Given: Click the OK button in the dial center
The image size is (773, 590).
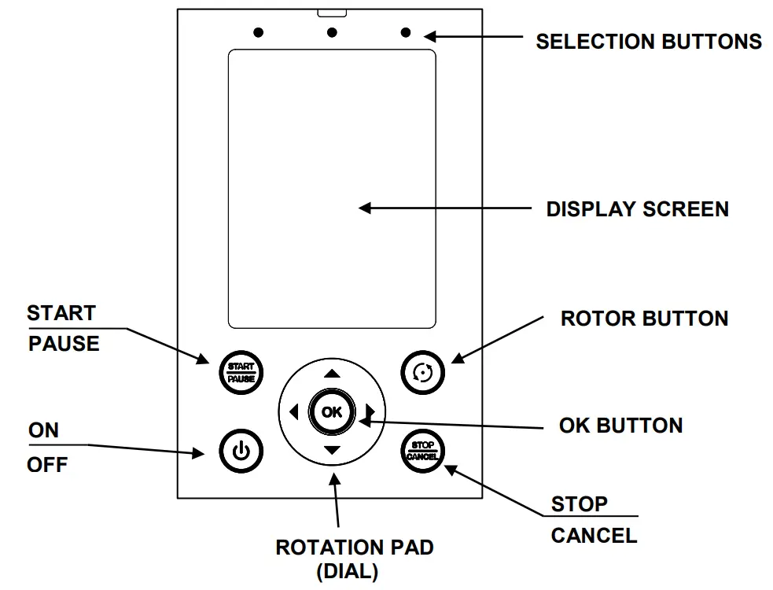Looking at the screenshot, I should click(332, 411).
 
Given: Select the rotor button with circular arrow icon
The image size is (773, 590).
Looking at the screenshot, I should click(422, 371).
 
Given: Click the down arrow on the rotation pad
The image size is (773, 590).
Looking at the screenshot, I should click(332, 450).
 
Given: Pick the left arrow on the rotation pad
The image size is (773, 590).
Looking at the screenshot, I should click(293, 411).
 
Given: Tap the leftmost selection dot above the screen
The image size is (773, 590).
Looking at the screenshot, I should click(258, 33).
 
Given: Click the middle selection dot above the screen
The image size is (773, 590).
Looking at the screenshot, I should click(332, 33).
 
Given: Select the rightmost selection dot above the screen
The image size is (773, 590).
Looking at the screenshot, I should click(406, 33).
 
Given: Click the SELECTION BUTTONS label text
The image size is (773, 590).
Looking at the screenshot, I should click(648, 42).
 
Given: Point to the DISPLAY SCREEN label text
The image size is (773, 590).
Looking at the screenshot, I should click(637, 209).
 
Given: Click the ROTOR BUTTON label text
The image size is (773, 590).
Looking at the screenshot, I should click(644, 319).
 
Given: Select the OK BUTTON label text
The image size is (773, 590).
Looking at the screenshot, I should click(620, 426).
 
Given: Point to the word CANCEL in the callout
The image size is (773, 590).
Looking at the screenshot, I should click(594, 536).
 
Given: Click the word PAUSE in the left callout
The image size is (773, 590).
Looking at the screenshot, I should click(64, 344).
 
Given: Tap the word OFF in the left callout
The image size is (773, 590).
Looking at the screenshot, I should click(47, 465).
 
